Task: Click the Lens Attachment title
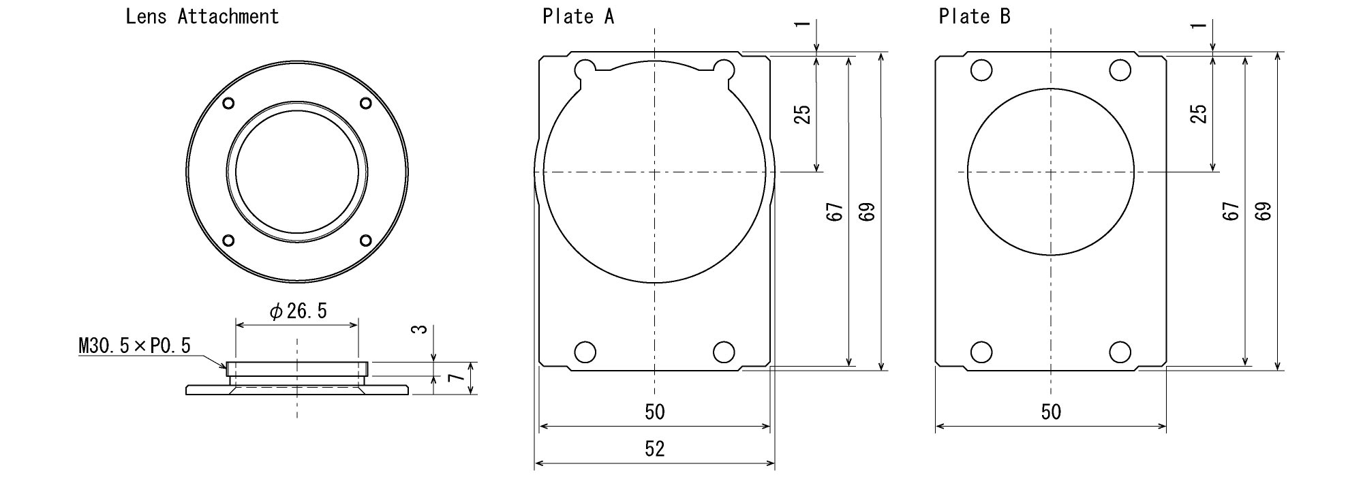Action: click(202, 16)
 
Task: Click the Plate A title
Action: click(578, 16)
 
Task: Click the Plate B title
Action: click(974, 16)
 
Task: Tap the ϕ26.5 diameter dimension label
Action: click(298, 311)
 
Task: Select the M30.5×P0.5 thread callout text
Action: click(135, 346)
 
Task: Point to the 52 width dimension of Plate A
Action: click(654, 448)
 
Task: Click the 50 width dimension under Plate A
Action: click(654, 412)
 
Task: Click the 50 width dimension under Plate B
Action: click(1051, 412)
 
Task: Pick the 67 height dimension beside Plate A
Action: click(835, 212)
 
